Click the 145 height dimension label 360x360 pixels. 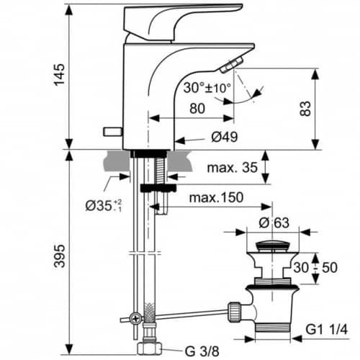pos(59,74)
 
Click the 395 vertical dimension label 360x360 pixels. pos(59,256)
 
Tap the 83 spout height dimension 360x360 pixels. pos(305,109)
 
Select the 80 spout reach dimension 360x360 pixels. pos(197,108)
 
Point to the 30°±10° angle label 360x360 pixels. pos(207,88)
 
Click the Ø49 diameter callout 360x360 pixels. pos(225,137)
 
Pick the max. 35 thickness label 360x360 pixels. pos(232,167)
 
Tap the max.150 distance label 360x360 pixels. pos(216,197)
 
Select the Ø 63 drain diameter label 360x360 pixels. pos(274,223)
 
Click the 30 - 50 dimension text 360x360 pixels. pos(315,267)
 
